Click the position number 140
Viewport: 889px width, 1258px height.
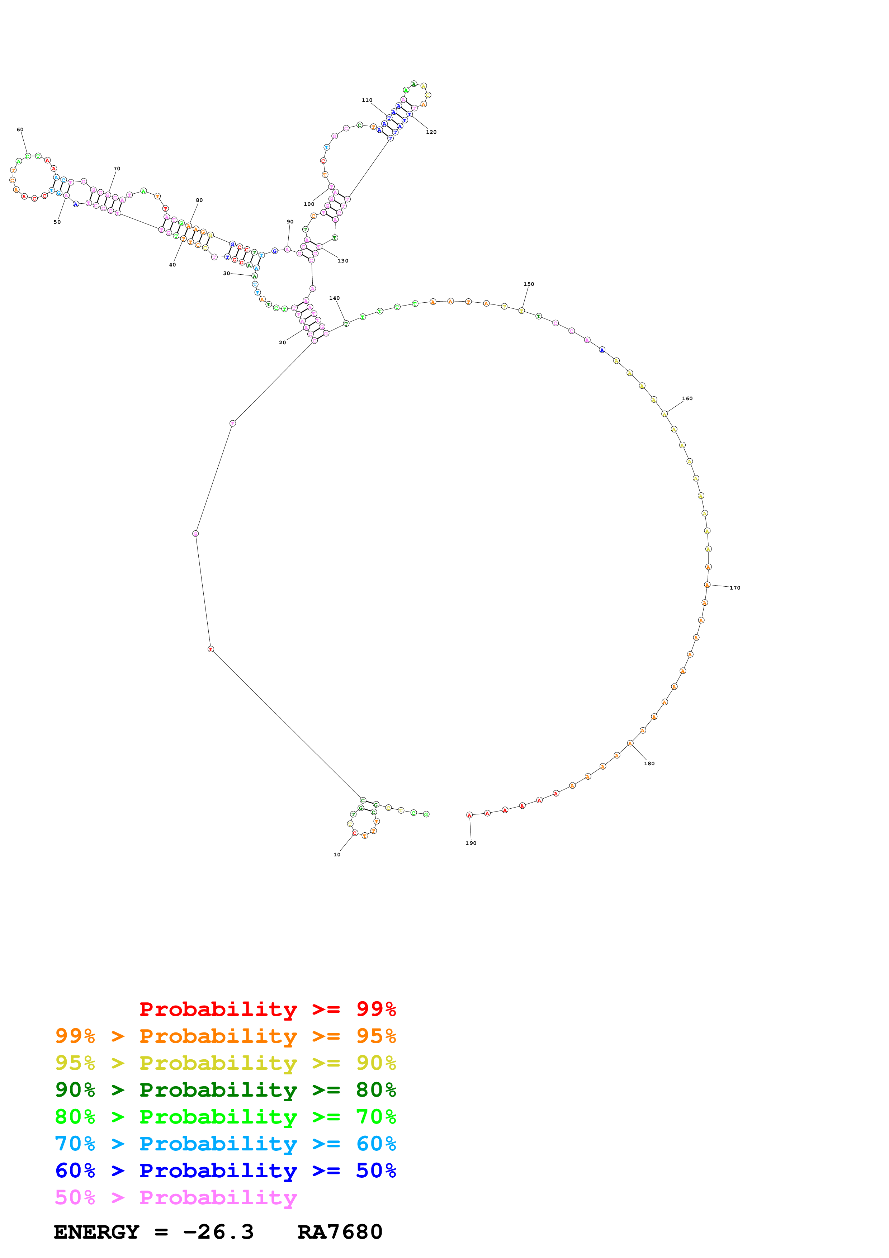(x=334, y=298)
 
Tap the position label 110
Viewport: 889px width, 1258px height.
(x=367, y=100)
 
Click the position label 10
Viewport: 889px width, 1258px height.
(x=337, y=855)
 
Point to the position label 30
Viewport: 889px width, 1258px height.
(x=226, y=273)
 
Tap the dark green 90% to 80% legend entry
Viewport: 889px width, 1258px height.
(x=225, y=1090)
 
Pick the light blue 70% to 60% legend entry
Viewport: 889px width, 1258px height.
(x=225, y=1144)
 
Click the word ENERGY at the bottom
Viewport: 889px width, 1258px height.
(x=96, y=1232)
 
